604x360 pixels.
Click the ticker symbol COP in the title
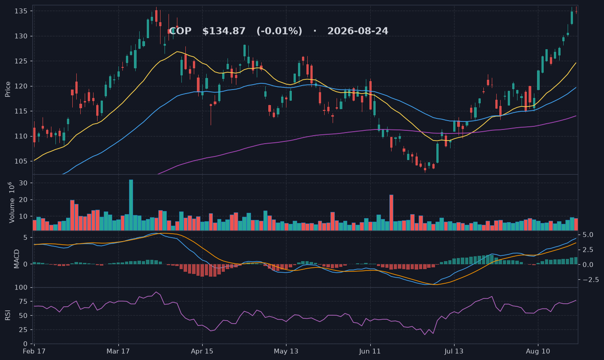[x=180, y=31]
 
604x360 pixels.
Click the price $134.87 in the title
[x=224, y=31]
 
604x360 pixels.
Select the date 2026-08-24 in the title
[x=357, y=31]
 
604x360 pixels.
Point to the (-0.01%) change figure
[x=279, y=31]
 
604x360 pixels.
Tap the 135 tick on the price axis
[x=20, y=11]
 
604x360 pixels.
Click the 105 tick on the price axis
[x=20, y=161]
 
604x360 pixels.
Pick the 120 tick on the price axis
[x=20, y=86]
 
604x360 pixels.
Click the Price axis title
[x=8, y=89]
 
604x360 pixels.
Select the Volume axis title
[x=12, y=203]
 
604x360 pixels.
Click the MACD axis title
[x=16, y=259]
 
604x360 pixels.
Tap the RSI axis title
[x=8, y=315]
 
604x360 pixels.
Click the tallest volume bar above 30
[x=131, y=205]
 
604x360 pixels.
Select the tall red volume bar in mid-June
[x=391, y=212]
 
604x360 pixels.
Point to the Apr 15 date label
[x=202, y=352]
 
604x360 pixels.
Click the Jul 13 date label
[x=454, y=352]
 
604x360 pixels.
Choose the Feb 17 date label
[x=34, y=352]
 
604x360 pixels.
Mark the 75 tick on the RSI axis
[x=24, y=301]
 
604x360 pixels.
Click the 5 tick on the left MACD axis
[x=25, y=238]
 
